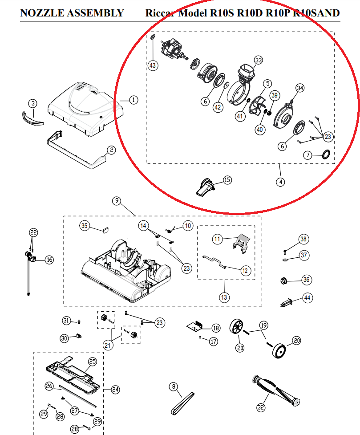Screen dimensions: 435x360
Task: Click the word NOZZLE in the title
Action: (x=42, y=13)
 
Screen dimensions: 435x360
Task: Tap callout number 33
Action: (x=259, y=60)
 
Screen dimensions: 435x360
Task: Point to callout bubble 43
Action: (x=153, y=65)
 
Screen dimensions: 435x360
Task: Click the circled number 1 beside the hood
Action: (x=133, y=100)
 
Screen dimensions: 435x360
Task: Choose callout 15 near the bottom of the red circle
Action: (x=227, y=180)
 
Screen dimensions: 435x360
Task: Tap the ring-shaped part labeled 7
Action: (x=326, y=154)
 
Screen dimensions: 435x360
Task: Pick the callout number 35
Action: (x=85, y=226)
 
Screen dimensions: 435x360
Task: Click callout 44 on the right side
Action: (x=307, y=298)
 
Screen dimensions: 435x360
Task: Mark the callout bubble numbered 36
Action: (x=306, y=280)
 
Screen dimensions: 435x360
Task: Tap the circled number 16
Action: (x=49, y=260)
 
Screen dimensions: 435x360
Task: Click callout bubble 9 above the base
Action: (x=116, y=201)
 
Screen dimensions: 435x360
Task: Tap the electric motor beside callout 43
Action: (x=171, y=49)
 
